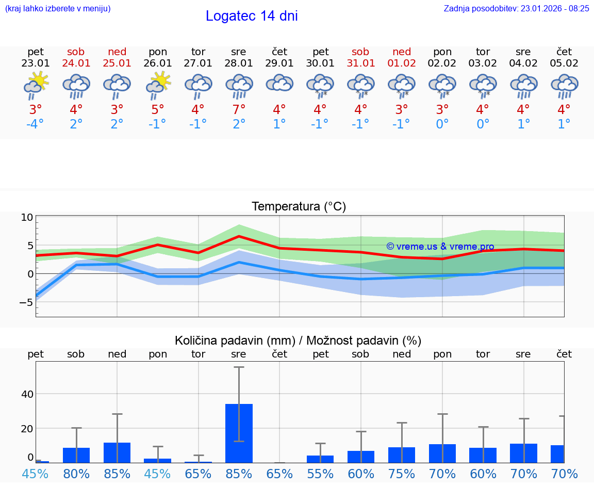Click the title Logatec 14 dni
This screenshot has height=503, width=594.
pos(252,16)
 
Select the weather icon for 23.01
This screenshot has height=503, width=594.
pos(36,86)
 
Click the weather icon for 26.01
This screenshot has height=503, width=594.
pos(158,86)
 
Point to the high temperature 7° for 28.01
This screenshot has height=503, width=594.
pos(239,110)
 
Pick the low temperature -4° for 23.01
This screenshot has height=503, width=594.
pos(35,124)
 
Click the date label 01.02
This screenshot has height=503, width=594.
pos(402,63)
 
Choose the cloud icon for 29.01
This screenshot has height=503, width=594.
pos(279,84)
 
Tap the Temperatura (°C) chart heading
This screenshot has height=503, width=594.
pos(299,207)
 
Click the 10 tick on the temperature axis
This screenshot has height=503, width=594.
pos(27,218)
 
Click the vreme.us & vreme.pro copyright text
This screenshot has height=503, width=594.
pos(440,247)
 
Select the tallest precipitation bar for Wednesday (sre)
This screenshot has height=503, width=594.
pos(239,433)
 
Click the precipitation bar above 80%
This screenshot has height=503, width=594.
pos(76,455)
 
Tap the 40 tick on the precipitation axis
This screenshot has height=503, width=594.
pos(27,394)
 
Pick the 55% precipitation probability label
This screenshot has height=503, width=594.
pos(320,474)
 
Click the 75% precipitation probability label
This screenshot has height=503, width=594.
pos(402,474)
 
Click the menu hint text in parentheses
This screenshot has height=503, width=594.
pos(58,9)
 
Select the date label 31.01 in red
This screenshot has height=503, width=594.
pos(360,63)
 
